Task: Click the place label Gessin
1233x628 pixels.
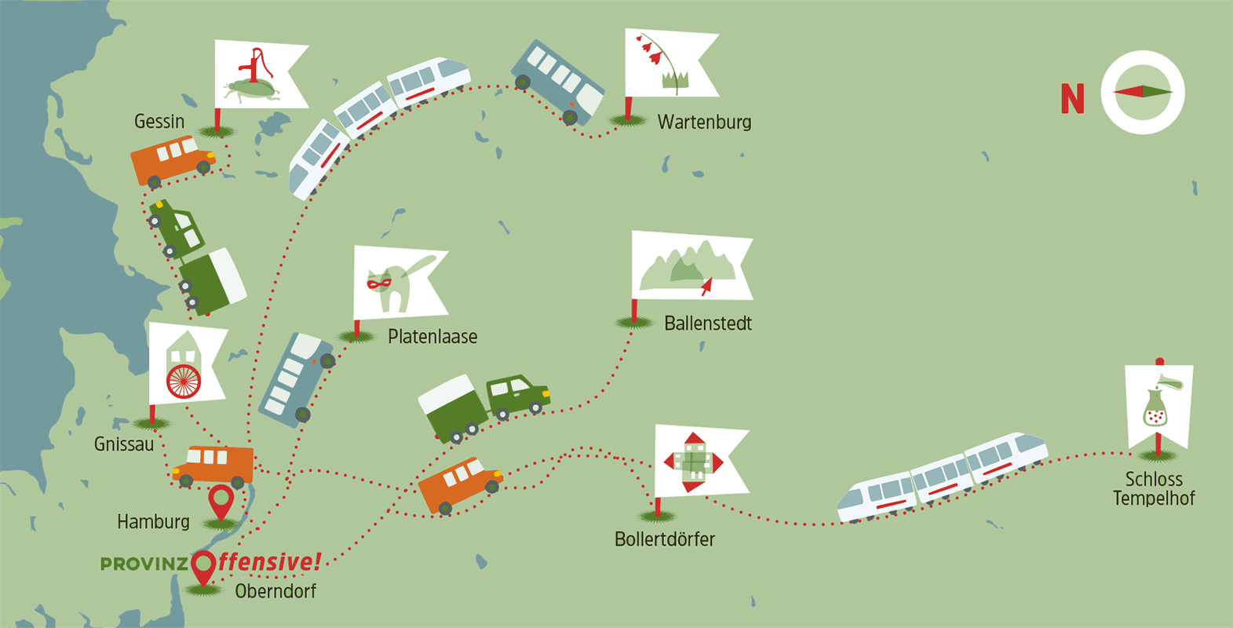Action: coord(159,122)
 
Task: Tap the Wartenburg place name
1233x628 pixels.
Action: coord(704,122)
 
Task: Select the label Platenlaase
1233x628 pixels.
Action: coord(432,337)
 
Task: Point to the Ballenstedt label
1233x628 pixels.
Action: coord(708,323)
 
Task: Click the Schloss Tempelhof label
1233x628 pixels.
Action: coord(1154,488)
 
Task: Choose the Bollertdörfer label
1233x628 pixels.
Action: coord(665,539)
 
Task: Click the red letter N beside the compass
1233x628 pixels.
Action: coord(1072,99)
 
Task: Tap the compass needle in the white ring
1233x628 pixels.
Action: coord(1142,92)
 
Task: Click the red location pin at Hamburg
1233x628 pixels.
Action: coord(221,502)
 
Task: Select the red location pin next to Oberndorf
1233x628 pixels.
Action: coord(204,568)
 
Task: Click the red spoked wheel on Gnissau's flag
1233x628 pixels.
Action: coord(184,381)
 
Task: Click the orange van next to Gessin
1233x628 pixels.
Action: coord(172,161)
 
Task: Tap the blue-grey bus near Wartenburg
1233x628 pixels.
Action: coord(558,82)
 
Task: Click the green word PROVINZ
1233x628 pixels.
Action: coord(144,564)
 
